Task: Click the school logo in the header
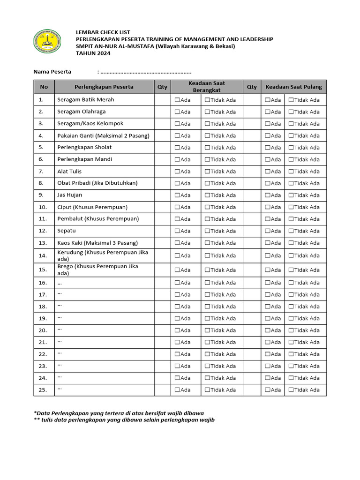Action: [x=47, y=41]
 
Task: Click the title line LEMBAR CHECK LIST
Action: [x=103, y=32]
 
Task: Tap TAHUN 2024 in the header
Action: [x=94, y=53]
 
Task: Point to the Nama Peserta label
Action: [x=52, y=72]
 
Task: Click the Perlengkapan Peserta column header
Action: [x=104, y=87]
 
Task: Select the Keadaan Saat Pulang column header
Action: [x=293, y=87]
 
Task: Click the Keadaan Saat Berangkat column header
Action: [x=206, y=87]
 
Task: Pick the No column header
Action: [x=44, y=87]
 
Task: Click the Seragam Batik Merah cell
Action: [x=85, y=100]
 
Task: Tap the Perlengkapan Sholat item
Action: [x=84, y=147]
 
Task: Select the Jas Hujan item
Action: [x=70, y=195]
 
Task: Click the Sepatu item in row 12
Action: [x=67, y=231]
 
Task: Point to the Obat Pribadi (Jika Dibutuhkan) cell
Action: [x=97, y=183]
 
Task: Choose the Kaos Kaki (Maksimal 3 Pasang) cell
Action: [x=97, y=243]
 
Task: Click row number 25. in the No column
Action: [x=43, y=390]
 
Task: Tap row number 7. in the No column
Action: [x=41, y=171]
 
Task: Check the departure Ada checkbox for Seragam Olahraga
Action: [x=178, y=112]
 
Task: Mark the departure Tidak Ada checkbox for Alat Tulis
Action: [x=207, y=172]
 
